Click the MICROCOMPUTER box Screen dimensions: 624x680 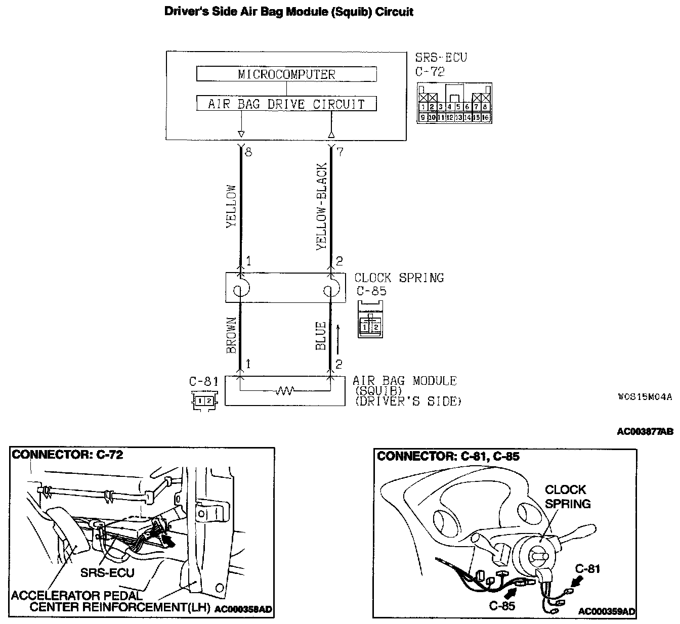tap(286, 74)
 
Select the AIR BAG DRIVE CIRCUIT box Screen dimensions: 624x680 tap(286, 104)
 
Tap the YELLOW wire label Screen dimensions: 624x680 tap(231, 207)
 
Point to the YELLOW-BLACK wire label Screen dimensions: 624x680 tap(322, 206)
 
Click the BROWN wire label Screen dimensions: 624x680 tap(231, 335)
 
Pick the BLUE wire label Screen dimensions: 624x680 tap(321, 336)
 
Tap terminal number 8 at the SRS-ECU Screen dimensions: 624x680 tap(248, 152)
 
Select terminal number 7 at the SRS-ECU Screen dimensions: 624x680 tap(340, 152)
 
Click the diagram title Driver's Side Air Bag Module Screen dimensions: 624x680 tap(289, 12)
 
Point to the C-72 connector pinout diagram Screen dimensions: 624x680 tap(453, 103)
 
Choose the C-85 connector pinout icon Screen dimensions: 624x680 tap(370, 320)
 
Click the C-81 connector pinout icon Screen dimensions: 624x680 tap(205, 401)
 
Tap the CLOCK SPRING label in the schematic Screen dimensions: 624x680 tap(399, 278)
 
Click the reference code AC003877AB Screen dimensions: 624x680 tap(645, 431)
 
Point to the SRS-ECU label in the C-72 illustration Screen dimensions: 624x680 tap(107, 572)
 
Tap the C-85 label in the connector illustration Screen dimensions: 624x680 tap(502, 605)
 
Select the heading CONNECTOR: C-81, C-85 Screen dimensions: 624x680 tap(448, 456)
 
